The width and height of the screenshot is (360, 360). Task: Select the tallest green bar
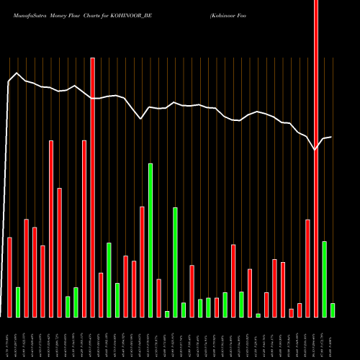[x=150, y=240]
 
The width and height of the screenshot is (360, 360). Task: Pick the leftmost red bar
[x=10, y=277]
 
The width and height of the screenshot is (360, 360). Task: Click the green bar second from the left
[x=68, y=307]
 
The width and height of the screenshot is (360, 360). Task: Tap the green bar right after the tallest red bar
[x=324, y=279]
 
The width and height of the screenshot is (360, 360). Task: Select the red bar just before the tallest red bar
[x=307, y=269]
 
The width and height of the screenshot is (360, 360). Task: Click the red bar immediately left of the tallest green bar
[x=143, y=262]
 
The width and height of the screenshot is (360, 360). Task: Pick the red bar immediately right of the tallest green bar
[x=159, y=298]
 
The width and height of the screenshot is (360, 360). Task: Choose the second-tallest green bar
[x=175, y=262]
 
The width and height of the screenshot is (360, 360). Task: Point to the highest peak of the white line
[x=16, y=73]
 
